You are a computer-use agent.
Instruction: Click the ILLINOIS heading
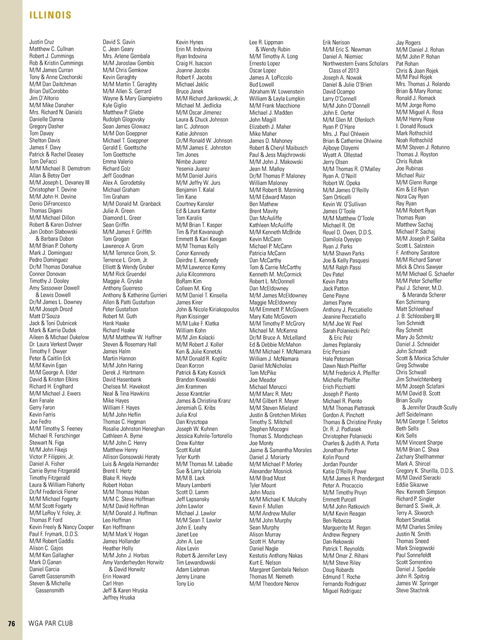pyautogui.click(x=51, y=15)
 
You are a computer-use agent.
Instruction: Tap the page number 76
pyautogui.click(x=12, y=624)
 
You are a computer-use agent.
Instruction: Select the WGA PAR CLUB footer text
pyautogui.click(x=51, y=624)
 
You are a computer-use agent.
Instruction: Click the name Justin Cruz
pyautogui.click(x=41, y=42)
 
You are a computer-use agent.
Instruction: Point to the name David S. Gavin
pyautogui.click(x=119, y=42)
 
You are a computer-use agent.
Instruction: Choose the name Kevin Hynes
pyautogui.click(x=189, y=42)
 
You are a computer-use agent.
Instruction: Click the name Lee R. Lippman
pyautogui.click(x=266, y=42)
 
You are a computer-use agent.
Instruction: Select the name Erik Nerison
pyautogui.click(x=336, y=42)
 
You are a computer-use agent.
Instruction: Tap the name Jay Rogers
pyautogui.click(x=408, y=42)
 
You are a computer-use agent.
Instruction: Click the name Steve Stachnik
pyautogui.click(x=412, y=590)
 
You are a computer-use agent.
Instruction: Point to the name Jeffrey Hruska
pyautogui.click(x=119, y=598)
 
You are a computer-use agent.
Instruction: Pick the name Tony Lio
pyautogui.click(x=185, y=584)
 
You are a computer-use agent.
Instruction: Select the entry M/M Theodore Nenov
pyautogui.click(x=274, y=584)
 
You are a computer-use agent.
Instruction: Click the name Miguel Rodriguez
pyautogui.click(x=342, y=591)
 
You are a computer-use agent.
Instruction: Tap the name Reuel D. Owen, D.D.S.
pyautogui.click(x=348, y=233)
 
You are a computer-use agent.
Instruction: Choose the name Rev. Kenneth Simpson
pyautogui.click(x=421, y=492)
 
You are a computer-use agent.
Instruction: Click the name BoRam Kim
pyautogui.click(x=189, y=281)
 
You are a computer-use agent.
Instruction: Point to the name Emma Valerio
pyautogui.click(x=118, y=161)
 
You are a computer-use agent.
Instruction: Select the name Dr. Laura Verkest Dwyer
pyautogui.click(x=56, y=344)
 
